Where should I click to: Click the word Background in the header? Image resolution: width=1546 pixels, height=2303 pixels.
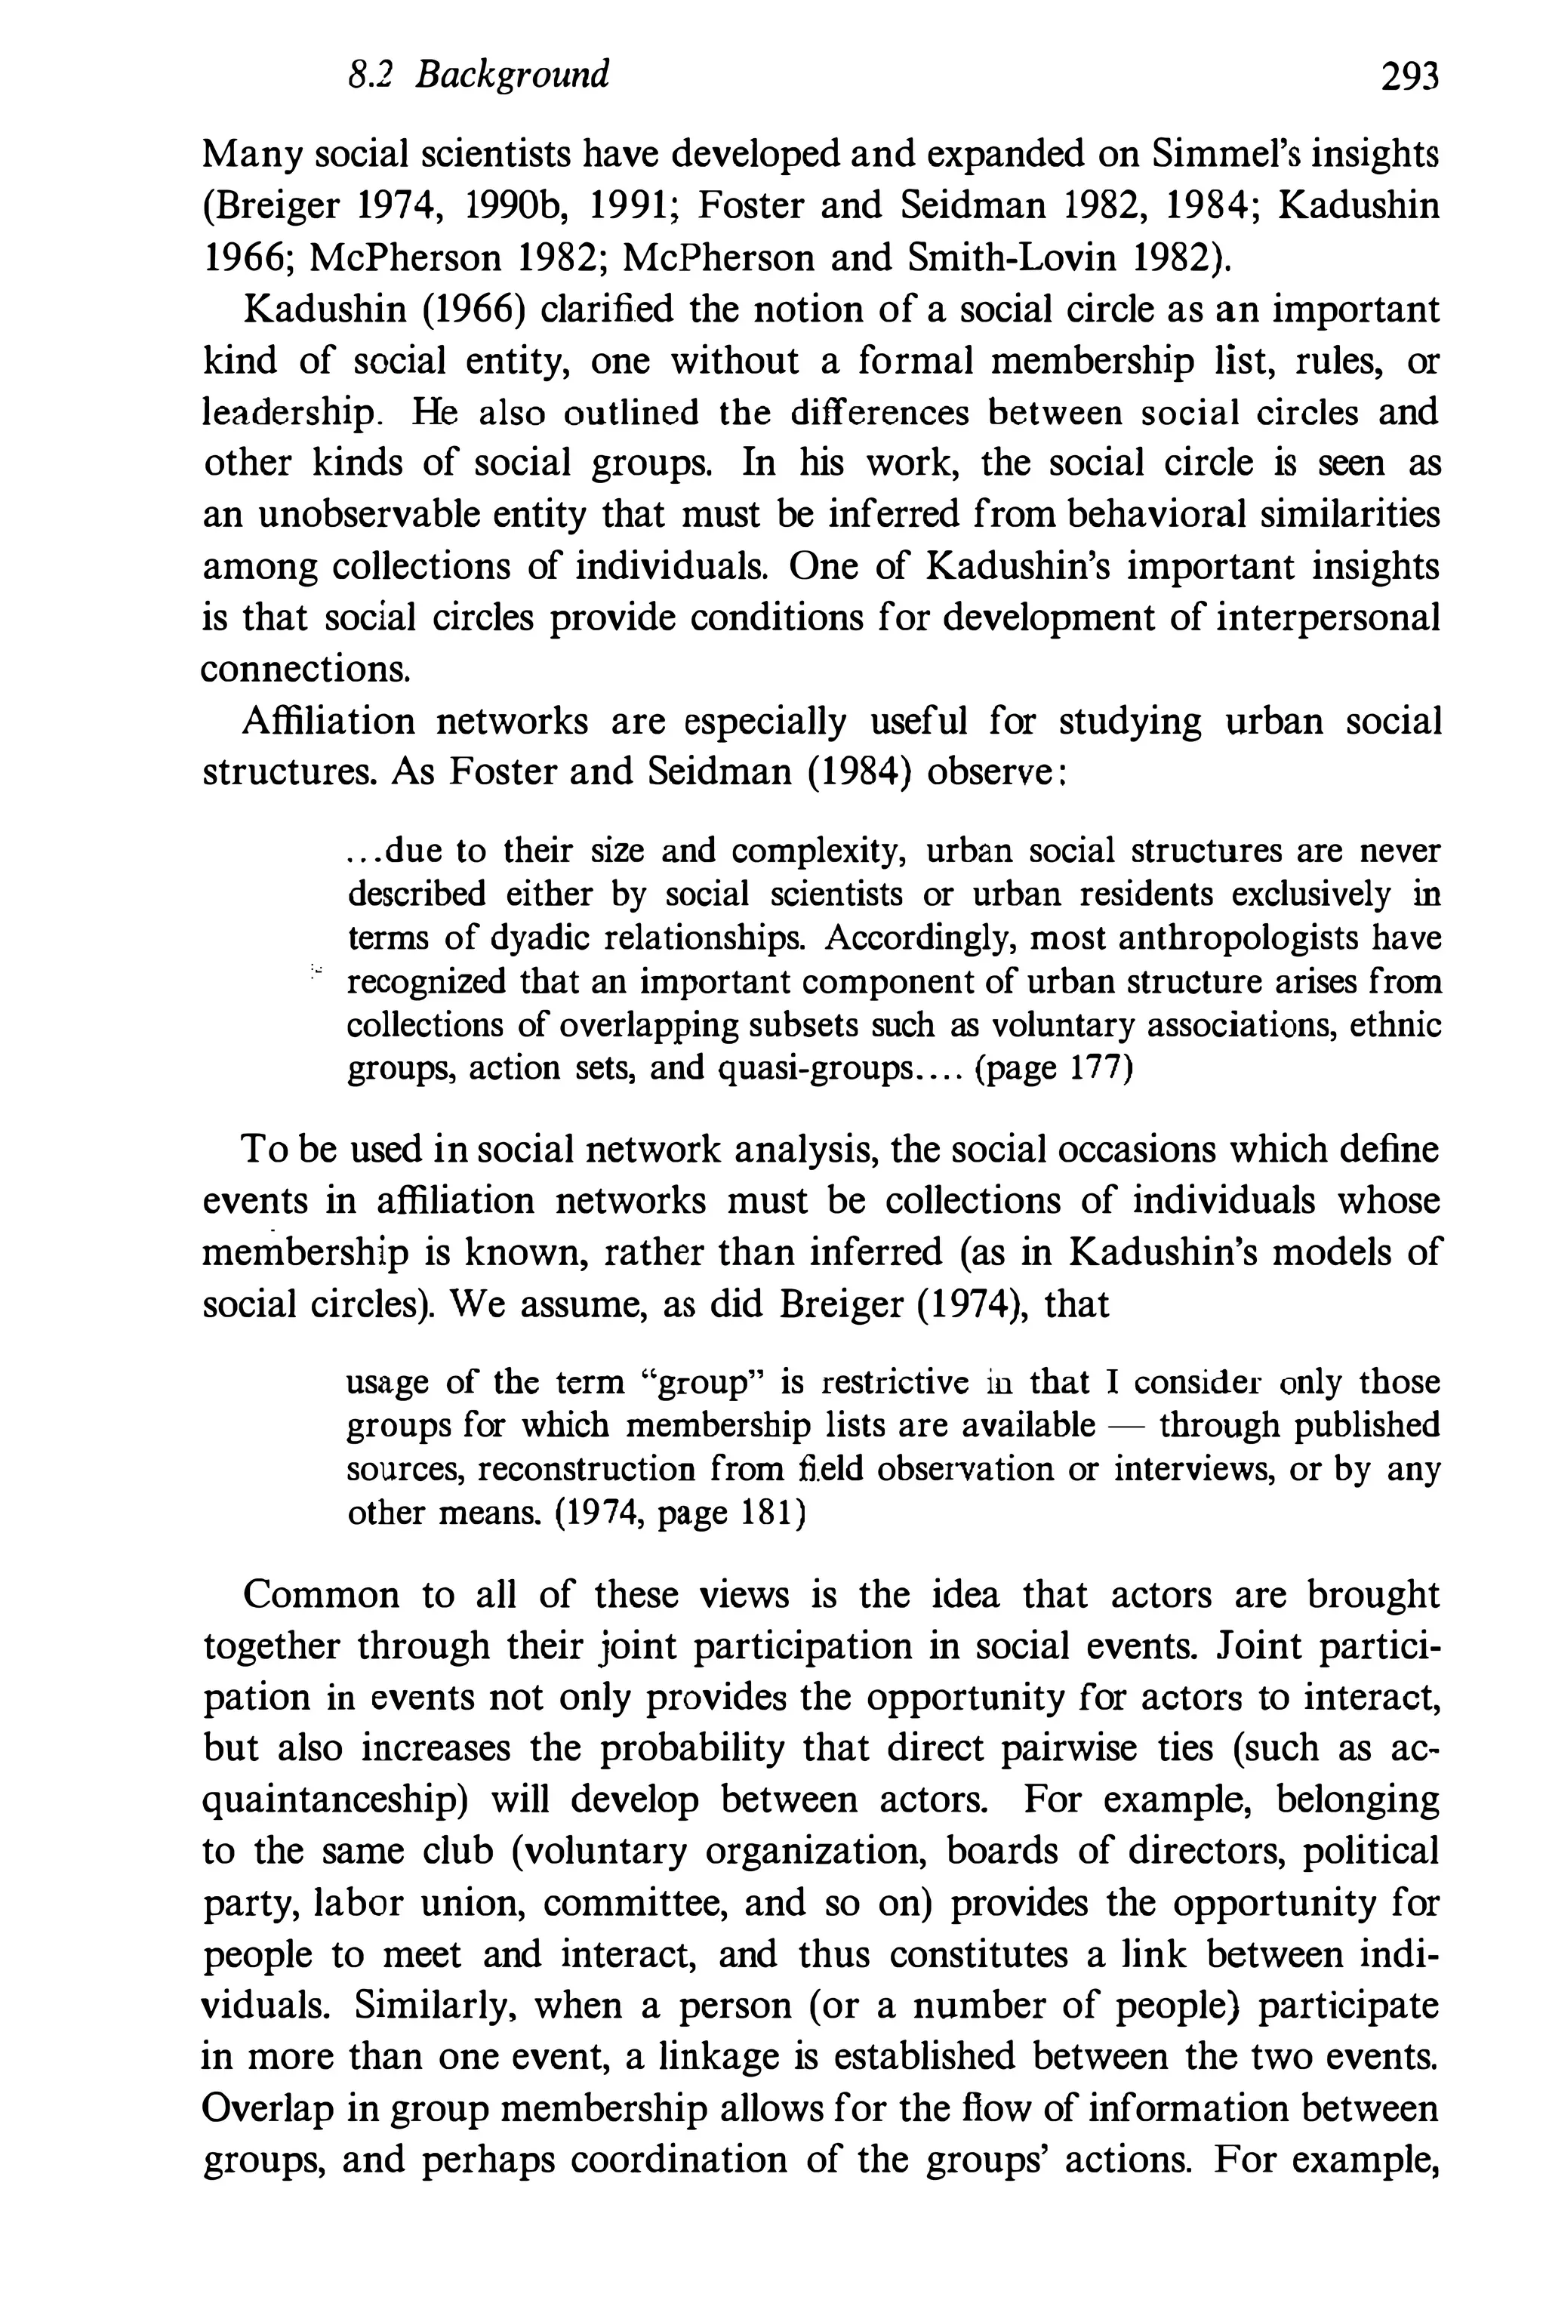pyautogui.click(x=512, y=75)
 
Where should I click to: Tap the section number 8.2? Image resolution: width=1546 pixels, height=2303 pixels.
pyautogui.click(x=371, y=75)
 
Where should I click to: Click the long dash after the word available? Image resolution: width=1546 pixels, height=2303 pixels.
pyautogui.click(x=1126, y=1426)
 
